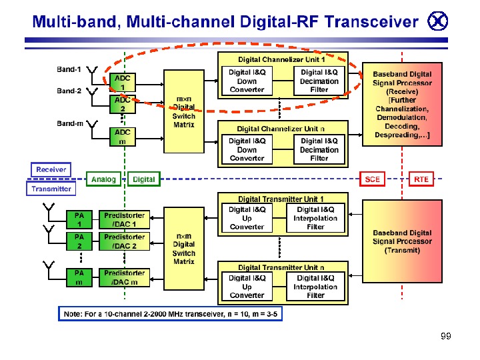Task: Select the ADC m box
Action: coord(123,137)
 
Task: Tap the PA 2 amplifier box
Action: coord(79,241)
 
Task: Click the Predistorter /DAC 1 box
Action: coord(124,219)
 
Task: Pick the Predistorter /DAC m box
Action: coord(124,277)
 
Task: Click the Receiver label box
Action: coord(51,169)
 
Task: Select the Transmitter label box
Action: coord(51,189)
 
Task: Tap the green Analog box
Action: coord(103,179)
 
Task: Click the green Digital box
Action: coord(144,179)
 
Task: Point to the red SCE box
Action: coord(373,179)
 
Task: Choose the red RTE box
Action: coord(421,179)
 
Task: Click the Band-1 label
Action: coord(69,69)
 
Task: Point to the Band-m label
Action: coord(69,123)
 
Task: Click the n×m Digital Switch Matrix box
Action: coord(184,249)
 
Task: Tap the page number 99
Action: coord(445,336)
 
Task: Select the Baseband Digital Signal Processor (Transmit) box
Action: coord(402,241)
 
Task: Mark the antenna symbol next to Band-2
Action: coord(93,93)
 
